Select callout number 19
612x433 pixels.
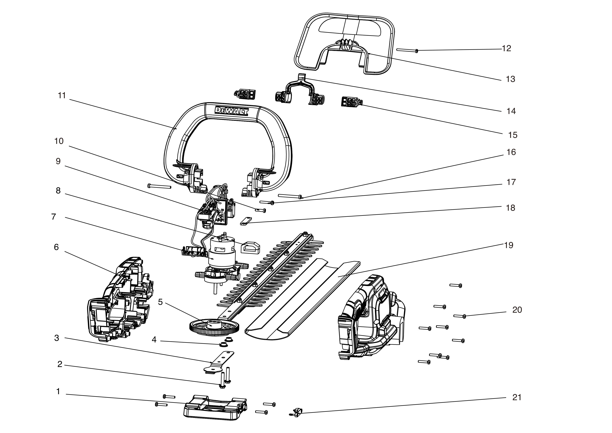[x=509, y=245]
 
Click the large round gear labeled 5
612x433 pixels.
[x=214, y=326]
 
